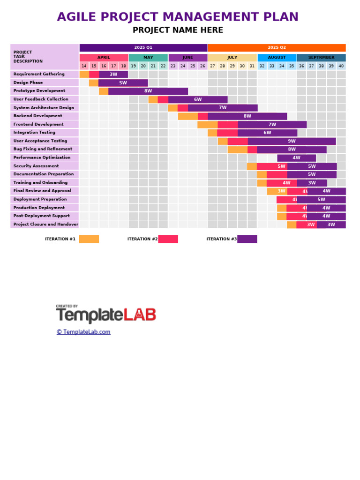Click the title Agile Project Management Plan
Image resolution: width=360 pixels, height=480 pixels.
click(178, 17)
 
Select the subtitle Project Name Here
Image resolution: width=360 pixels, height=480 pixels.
click(178, 30)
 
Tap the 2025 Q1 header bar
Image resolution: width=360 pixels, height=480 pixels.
click(143, 48)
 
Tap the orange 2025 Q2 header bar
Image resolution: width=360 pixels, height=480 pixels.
click(277, 48)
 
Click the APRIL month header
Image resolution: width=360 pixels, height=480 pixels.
click(104, 58)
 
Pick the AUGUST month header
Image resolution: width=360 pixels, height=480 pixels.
click(277, 58)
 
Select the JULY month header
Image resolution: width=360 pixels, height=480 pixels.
click(232, 58)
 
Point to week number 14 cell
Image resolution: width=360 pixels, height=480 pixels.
click(84, 66)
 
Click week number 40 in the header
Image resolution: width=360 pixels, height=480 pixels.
click(341, 66)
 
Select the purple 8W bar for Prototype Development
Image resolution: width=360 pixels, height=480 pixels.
click(148, 91)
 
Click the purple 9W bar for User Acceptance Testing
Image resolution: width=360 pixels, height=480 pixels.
click(292, 141)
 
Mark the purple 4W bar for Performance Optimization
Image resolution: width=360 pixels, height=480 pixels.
click(296, 158)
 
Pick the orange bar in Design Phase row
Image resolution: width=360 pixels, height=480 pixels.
click(94, 83)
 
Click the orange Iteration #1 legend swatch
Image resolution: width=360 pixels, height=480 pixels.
click(89, 239)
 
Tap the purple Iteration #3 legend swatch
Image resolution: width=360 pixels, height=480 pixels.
click(247, 239)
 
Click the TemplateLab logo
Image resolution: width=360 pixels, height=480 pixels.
click(106, 315)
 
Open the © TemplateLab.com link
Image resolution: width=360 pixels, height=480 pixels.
click(83, 332)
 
